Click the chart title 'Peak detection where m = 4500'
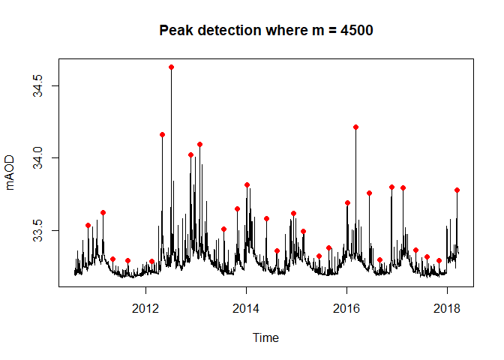(266, 31)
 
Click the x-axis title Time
(265, 338)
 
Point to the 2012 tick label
(145, 308)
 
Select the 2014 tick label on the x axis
(246, 308)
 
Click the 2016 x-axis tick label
(346, 308)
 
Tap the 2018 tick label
(447, 308)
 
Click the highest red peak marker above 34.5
(171, 67)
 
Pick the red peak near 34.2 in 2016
(355, 127)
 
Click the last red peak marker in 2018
(457, 190)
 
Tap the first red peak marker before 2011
(88, 225)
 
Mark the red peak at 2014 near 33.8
(247, 184)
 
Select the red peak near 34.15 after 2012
(162, 134)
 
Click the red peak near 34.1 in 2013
(199, 144)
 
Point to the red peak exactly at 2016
(347, 202)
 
